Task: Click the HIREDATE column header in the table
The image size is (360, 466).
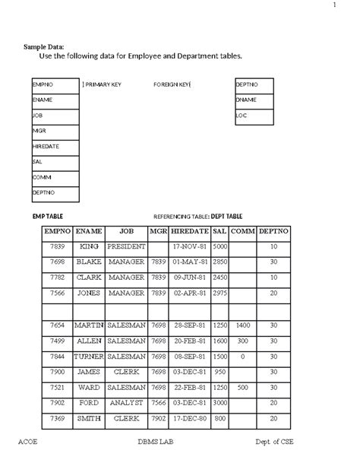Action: click(190, 230)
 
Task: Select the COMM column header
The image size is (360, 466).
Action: click(243, 230)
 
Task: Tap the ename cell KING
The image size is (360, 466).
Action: click(89, 247)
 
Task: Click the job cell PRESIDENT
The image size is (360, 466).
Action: click(127, 247)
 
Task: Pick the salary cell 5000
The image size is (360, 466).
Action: click(220, 247)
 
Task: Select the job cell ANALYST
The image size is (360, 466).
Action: click(127, 402)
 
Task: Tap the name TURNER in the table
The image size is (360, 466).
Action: click(89, 356)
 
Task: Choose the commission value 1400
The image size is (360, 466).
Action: click(243, 325)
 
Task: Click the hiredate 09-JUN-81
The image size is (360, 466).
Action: click(190, 277)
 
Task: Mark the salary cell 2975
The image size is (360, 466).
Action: click(220, 293)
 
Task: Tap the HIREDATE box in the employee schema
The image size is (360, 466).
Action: click(55, 146)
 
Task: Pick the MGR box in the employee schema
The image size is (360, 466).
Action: click(55, 131)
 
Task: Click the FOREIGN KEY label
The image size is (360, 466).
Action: click(172, 84)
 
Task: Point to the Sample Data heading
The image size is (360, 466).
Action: click(44, 47)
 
